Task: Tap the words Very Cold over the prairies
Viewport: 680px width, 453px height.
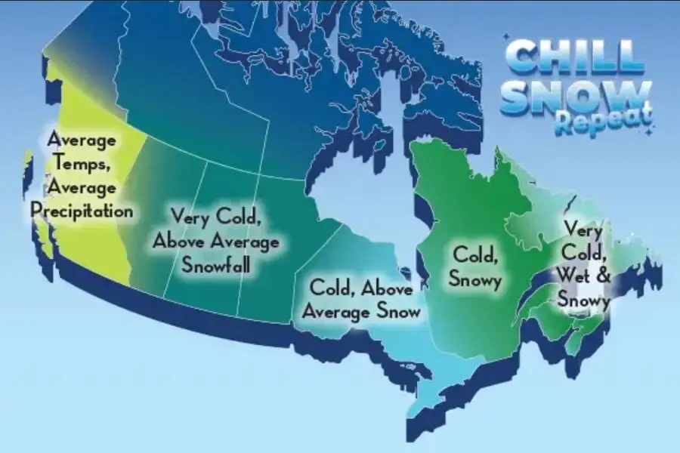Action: point(215,217)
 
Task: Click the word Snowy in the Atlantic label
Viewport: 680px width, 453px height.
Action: point(583,301)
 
